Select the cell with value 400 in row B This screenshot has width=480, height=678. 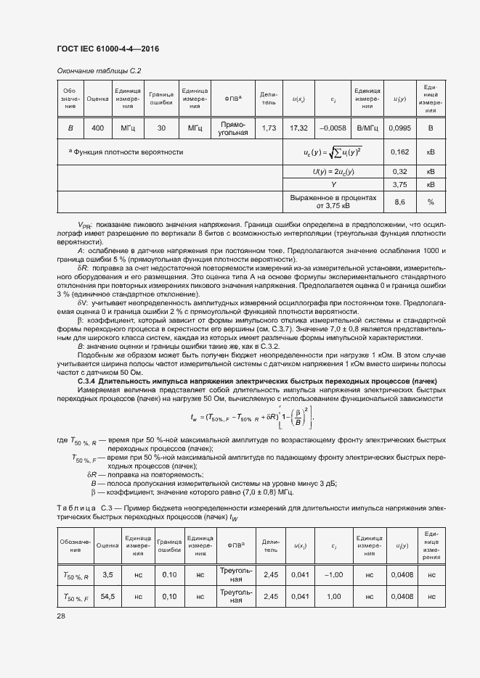click(97, 128)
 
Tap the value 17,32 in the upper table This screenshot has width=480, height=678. click(298, 128)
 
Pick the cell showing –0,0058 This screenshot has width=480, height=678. click(333, 128)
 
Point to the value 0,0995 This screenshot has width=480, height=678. click(399, 128)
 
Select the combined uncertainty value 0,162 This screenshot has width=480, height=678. click(399, 153)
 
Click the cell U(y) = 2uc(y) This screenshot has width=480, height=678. click(333, 171)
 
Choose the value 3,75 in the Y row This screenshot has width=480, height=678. click(399, 184)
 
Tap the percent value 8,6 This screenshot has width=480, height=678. click(399, 202)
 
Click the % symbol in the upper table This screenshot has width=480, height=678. click(431, 202)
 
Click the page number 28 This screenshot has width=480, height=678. click(61, 616)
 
